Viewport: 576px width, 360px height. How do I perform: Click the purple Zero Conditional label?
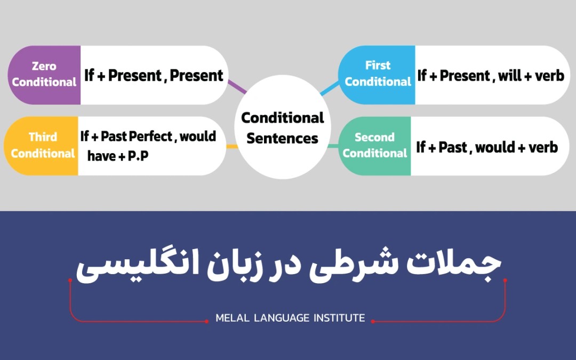click(x=44, y=75)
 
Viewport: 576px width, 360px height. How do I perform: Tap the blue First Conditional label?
click(x=378, y=74)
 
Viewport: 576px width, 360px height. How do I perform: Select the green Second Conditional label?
click(x=374, y=146)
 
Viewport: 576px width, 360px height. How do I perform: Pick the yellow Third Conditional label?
click(x=43, y=146)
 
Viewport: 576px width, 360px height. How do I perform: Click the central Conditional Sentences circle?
click(x=282, y=127)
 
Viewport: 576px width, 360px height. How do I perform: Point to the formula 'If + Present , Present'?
click(x=154, y=75)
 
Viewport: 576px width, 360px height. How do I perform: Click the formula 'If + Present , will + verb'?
click(x=491, y=76)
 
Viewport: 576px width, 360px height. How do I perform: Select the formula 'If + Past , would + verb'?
click(x=487, y=147)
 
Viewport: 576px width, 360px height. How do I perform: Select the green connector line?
click(x=333, y=146)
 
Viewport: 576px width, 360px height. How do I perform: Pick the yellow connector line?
click(x=232, y=146)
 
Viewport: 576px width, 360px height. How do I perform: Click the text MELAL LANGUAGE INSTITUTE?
click(x=290, y=318)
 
